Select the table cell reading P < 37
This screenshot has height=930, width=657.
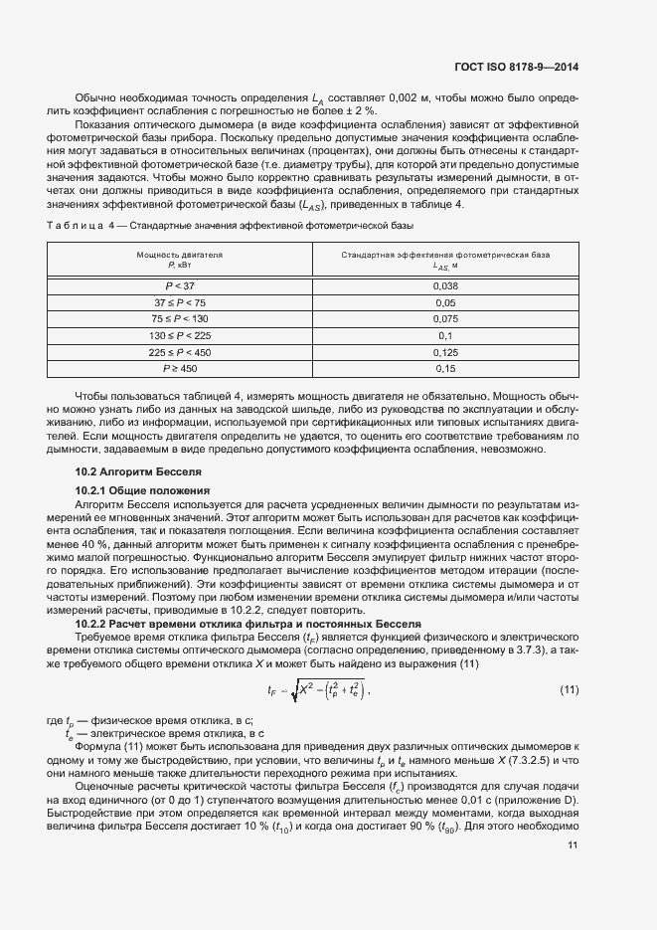[x=180, y=285]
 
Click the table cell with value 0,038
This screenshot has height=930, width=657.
[x=445, y=285]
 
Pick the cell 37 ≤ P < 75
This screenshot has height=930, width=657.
[x=180, y=301]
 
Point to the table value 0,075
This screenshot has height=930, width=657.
[x=445, y=318]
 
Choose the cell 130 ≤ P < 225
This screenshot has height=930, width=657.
[x=180, y=335]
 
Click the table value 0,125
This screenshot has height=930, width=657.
[x=445, y=352]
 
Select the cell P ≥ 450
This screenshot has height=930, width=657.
[x=180, y=369]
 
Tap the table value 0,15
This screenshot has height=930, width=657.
[x=445, y=369]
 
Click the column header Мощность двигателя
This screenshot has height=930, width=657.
[x=180, y=256]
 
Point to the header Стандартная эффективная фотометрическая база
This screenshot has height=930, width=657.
[x=445, y=256]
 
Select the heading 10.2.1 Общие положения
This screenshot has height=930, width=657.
[x=142, y=491]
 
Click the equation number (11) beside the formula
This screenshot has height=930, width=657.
[x=569, y=689]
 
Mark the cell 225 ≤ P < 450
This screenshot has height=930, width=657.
[x=180, y=352]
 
